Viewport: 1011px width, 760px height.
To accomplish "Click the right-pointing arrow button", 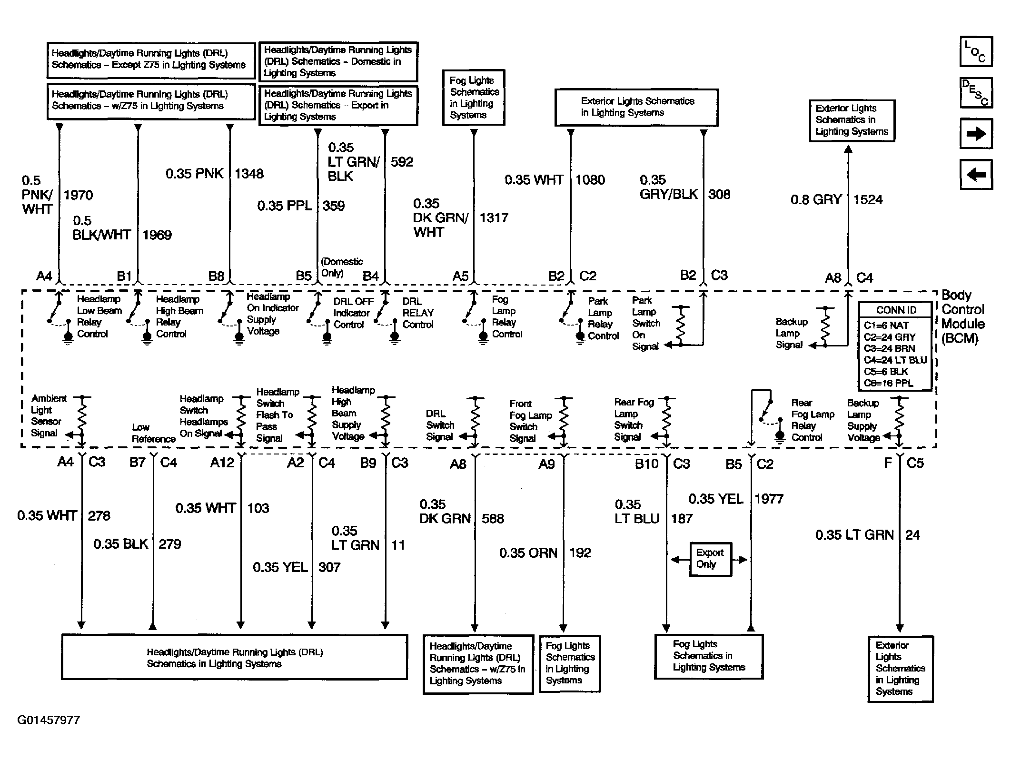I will [976, 134].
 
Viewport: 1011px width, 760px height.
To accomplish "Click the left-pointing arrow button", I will [976, 175].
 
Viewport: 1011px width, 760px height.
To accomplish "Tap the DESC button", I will [976, 92].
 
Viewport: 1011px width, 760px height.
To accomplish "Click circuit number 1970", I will [78, 195].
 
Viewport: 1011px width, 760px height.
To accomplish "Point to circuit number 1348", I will [249, 174].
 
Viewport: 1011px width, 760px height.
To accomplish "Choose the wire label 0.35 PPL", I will [284, 206].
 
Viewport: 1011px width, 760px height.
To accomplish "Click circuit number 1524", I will [868, 199].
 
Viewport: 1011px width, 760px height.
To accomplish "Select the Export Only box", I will [710, 559].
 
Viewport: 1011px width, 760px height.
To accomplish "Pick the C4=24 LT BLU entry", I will [895, 360].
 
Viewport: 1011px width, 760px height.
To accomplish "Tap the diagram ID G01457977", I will [49, 720].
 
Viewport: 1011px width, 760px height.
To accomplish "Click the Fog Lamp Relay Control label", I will [506, 317].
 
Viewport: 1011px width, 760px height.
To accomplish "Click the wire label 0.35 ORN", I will [528, 553].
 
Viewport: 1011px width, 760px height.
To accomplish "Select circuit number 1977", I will [769, 499].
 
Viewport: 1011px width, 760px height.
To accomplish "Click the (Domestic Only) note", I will [341, 267].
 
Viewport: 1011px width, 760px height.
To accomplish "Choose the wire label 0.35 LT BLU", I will [637, 512].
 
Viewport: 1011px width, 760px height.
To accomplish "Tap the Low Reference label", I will [153, 433].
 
